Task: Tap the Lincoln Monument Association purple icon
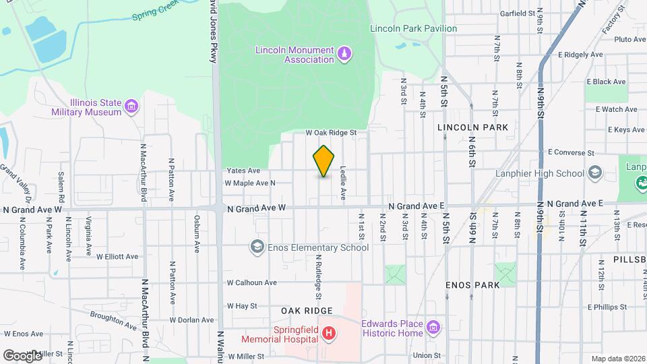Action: tap(344, 53)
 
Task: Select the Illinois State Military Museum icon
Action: tap(131, 106)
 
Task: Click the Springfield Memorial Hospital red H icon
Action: tap(328, 334)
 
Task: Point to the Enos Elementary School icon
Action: tap(256, 247)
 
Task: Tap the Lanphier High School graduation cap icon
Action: tap(594, 173)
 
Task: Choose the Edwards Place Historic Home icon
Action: tap(433, 328)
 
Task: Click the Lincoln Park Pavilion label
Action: tap(413, 28)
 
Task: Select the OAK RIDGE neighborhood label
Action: tap(307, 310)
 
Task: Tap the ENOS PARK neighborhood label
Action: tap(472, 285)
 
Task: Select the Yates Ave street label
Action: tap(243, 171)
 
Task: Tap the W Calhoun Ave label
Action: tap(251, 282)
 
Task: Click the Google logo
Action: tap(22, 355)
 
